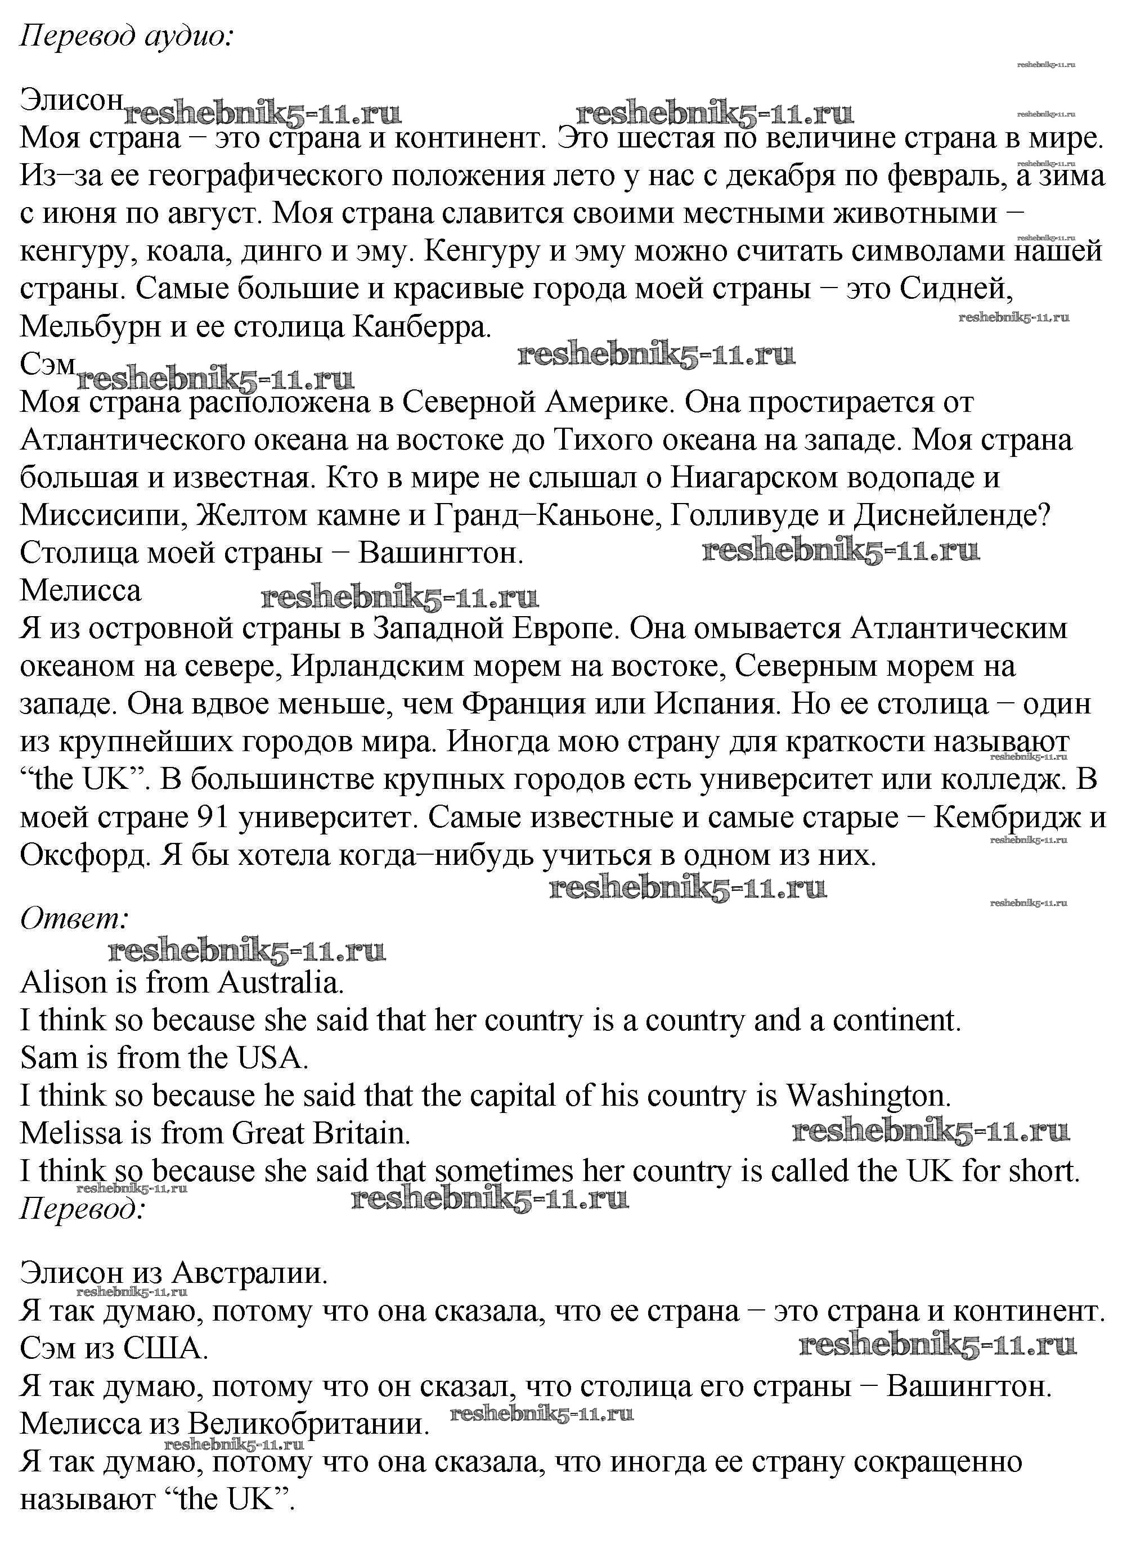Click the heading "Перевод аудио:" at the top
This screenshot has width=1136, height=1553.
(127, 36)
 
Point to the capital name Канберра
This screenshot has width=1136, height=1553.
(421, 327)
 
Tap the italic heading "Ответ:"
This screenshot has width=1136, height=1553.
(75, 918)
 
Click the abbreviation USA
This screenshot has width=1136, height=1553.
(272, 1058)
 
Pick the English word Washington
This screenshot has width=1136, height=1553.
(869, 1096)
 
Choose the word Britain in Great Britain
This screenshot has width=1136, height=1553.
(362, 1133)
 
